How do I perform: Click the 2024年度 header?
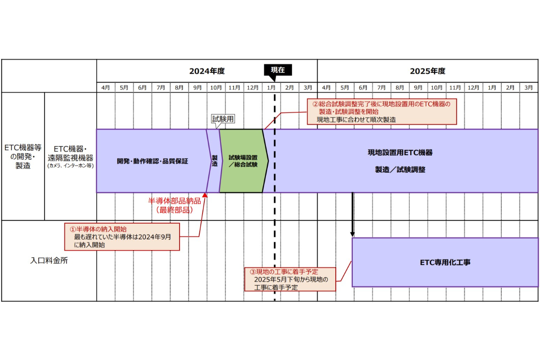(x=207, y=71)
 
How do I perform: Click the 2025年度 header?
(x=427, y=71)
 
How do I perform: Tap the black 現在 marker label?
(x=278, y=70)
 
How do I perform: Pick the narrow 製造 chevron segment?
(x=215, y=161)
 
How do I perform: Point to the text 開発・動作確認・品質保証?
(x=152, y=161)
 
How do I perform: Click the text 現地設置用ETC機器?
(x=400, y=153)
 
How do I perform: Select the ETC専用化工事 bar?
(x=445, y=262)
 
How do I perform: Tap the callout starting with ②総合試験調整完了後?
(x=382, y=112)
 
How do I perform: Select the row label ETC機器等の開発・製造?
(x=23, y=156)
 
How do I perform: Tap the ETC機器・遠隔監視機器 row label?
(x=71, y=156)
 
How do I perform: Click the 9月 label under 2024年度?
(x=198, y=87)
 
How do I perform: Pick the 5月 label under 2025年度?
(x=345, y=87)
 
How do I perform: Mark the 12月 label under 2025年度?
(x=473, y=87)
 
